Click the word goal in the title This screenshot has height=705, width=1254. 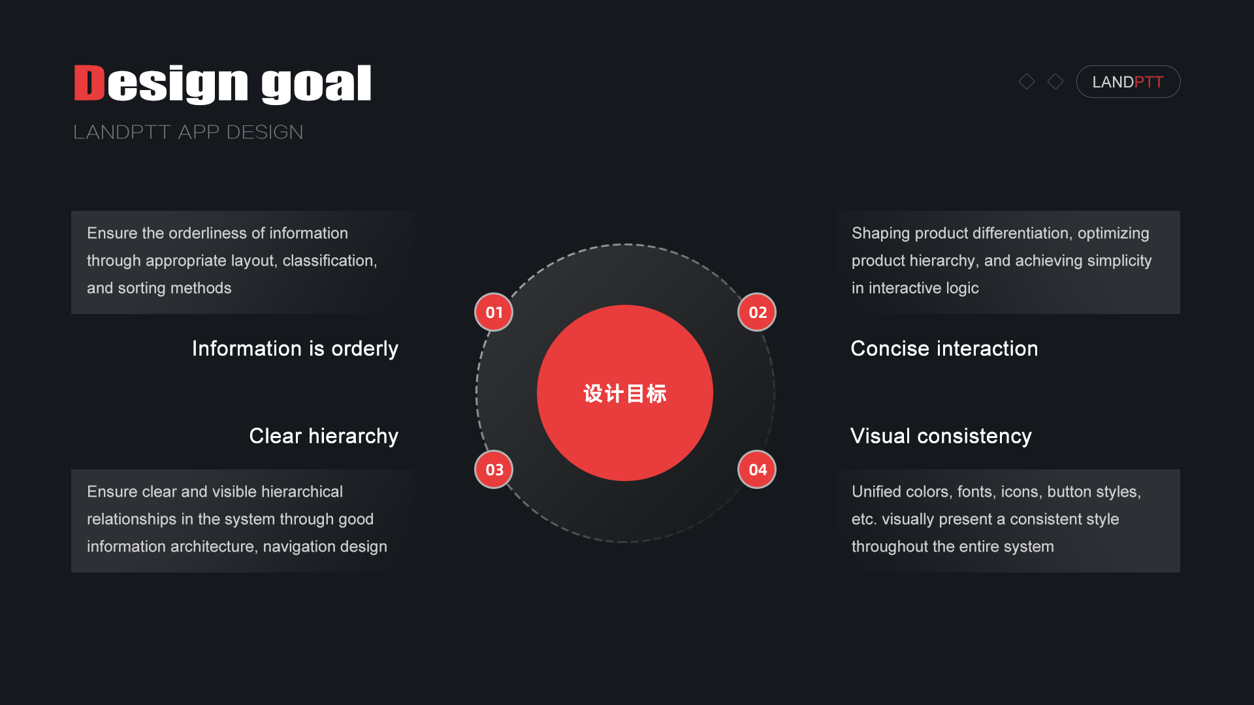coord(316,85)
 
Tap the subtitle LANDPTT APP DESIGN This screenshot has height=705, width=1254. coord(188,132)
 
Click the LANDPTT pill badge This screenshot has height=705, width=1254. coord(1128,82)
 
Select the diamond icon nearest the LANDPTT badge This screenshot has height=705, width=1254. coord(1055,82)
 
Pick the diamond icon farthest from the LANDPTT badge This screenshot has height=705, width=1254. coord(1027,82)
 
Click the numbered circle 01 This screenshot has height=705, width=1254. coord(494,312)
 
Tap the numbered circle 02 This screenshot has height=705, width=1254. coord(757,312)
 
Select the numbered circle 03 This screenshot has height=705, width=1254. coord(494,469)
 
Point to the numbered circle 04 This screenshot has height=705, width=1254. coord(757,469)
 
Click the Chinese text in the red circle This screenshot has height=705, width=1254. coord(625,394)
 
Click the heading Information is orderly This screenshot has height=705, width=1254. coord(295,349)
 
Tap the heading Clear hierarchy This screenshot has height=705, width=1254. coord(323,436)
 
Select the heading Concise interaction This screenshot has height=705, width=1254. coord(944,349)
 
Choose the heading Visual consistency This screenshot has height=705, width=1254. coord(940,436)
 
